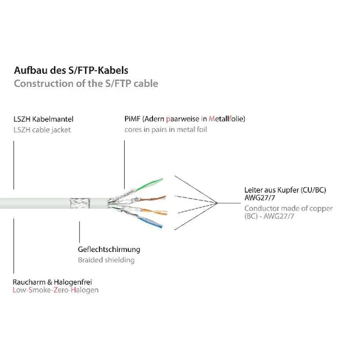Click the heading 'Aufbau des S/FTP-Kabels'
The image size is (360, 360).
tap(71, 70)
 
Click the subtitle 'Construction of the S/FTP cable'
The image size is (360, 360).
tap(86, 83)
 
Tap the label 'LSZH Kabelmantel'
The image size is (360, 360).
tap(43, 119)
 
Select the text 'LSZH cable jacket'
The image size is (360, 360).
tap(42, 130)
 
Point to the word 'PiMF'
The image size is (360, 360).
tap(132, 119)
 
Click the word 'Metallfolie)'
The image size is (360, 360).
tap(227, 119)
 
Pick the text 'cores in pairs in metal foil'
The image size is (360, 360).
tap(166, 130)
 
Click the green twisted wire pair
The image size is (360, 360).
tap(149, 184)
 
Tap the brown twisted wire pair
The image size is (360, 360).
tap(152, 199)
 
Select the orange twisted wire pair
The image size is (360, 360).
tap(154, 212)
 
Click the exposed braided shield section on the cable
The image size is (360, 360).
tap(80, 203)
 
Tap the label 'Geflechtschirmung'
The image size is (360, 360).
tap(109, 250)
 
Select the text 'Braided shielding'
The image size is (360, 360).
tap(106, 260)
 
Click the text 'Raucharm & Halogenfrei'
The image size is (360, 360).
tap(52, 282)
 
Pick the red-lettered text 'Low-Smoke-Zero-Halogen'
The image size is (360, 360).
tap(56, 290)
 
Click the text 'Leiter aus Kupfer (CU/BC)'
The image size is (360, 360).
tap(285, 190)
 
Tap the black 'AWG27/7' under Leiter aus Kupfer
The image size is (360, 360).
tap(260, 197)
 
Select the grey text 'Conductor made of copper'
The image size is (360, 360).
tap(289, 208)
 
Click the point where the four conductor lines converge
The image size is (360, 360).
tap(217, 203)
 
